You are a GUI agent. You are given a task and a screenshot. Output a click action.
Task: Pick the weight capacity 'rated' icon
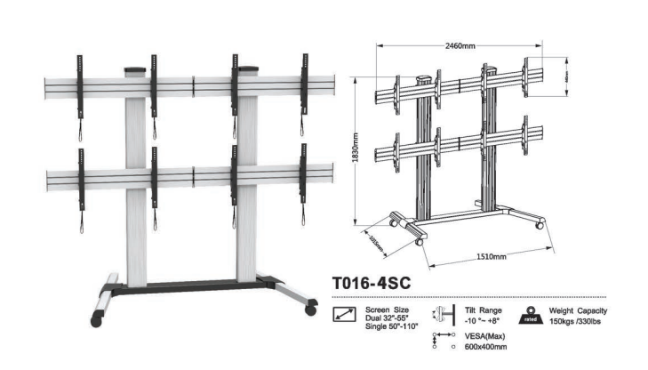[x=530, y=314]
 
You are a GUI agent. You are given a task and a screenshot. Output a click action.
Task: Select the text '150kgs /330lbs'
[x=579, y=320]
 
